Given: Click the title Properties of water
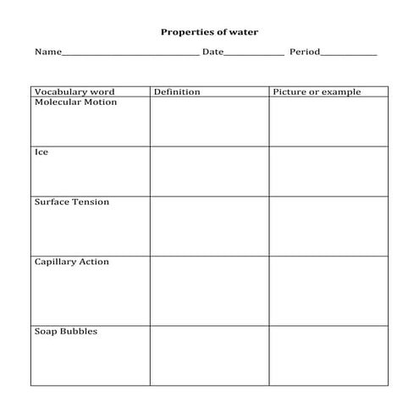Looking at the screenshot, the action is (209, 32).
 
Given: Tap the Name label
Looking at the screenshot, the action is (47, 52).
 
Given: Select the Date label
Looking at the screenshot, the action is (212, 52).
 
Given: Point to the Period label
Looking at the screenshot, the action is (305, 52).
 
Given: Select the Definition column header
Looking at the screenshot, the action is (177, 91).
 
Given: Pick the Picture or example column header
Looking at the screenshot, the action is (317, 91).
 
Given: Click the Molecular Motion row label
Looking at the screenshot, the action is (75, 102).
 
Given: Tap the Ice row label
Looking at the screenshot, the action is (41, 152).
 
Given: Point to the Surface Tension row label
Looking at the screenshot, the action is (71, 202).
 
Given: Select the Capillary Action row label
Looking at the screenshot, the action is (71, 262).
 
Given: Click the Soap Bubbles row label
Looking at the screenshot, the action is (65, 331).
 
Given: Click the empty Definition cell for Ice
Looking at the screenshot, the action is (209, 171).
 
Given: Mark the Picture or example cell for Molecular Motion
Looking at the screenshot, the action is (328, 121).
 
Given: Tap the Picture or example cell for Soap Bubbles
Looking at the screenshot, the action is (328, 356).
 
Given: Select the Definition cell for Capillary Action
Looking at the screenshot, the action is (209, 289).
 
